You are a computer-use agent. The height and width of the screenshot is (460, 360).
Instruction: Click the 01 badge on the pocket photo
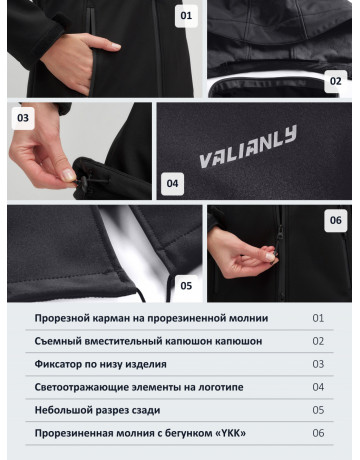coord(186,16)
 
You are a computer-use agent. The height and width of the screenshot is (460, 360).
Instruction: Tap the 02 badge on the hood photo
coord(335,81)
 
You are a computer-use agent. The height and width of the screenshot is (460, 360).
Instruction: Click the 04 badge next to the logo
coord(172,183)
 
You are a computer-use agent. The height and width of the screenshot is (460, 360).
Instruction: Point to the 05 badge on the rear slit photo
coord(185,285)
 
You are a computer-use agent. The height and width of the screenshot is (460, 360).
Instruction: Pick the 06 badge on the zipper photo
coord(335,220)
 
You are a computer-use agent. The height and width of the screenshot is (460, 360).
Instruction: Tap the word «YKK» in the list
coord(228,433)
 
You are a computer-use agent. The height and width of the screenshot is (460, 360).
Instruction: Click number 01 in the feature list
coord(319,318)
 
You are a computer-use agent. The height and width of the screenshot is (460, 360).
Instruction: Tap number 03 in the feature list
coord(319,364)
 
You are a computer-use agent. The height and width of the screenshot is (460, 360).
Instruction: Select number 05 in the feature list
coord(319,410)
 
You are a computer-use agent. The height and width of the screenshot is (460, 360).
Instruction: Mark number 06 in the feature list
coord(319,433)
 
